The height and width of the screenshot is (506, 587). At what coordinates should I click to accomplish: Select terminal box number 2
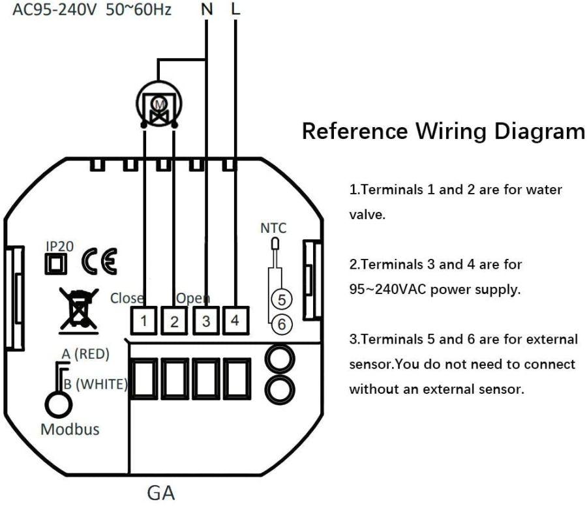175,321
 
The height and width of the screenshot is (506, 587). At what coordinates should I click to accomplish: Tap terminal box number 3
205,321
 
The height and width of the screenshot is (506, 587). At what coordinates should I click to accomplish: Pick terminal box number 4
235,321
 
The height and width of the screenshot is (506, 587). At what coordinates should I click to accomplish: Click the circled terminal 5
281,300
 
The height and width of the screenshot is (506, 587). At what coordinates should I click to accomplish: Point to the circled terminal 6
281,322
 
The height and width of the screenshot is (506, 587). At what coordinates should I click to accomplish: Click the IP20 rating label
59,246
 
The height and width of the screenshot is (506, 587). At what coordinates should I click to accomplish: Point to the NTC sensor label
273,228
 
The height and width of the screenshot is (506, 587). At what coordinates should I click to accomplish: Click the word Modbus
70,430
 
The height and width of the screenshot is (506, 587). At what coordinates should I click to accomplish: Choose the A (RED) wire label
85,353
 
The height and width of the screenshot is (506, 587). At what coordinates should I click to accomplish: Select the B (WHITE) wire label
95,384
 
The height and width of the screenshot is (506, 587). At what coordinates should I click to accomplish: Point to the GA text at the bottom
160,492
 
